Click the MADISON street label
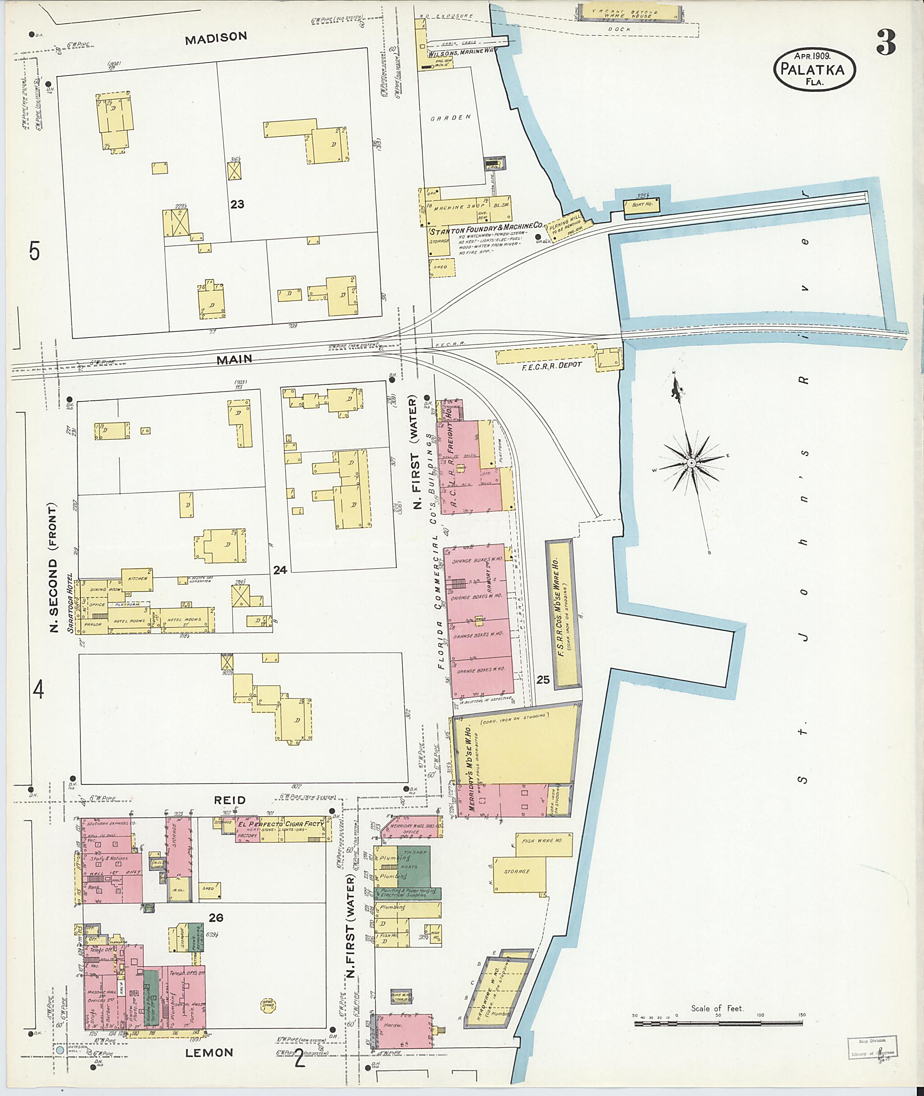(x=215, y=37)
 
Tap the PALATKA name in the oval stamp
(x=813, y=69)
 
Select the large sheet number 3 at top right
(x=885, y=42)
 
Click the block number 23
(x=237, y=204)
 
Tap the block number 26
(x=216, y=917)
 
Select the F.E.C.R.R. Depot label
(x=552, y=365)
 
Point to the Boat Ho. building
(x=642, y=205)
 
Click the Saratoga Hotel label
(x=70, y=608)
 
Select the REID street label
(x=230, y=800)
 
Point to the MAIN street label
(x=234, y=360)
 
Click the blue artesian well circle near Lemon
(x=60, y=1050)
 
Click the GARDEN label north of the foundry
(x=450, y=118)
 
